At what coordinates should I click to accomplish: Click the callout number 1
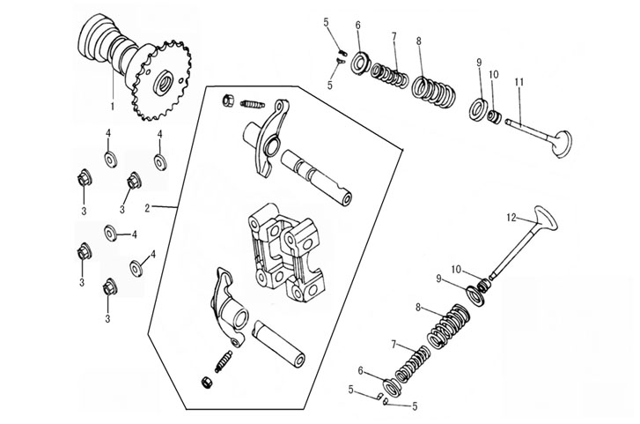[x=113, y=106]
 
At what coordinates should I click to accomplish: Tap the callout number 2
[x=148, y=209]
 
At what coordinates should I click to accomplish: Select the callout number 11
[x=519, y=82]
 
